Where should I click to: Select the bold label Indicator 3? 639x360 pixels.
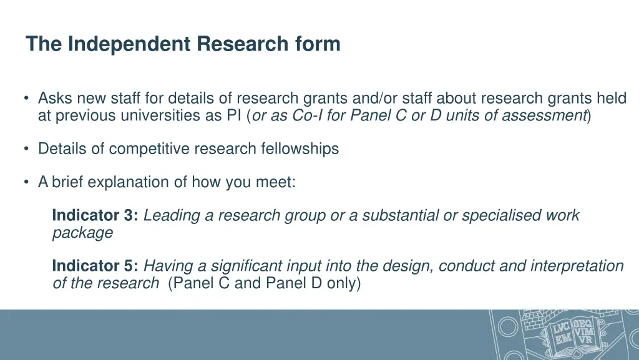95,216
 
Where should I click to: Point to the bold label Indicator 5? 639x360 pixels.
95,266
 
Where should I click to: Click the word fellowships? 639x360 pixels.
300,148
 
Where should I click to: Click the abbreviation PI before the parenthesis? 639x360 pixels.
236,115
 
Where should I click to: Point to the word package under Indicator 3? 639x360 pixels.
82,233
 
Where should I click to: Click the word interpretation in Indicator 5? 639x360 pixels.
577,266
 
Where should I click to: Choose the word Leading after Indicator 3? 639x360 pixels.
172,216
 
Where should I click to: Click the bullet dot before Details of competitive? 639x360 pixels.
26,149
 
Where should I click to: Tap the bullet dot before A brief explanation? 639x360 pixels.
26,182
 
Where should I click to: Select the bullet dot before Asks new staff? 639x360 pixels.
26,99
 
